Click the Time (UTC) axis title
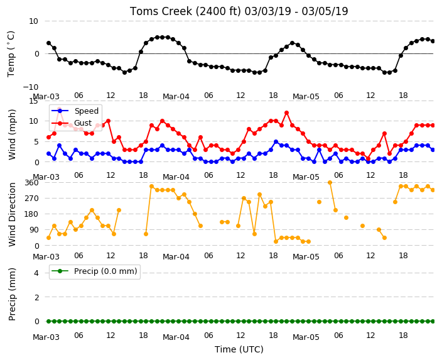[239, 349]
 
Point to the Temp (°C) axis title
[11, 54]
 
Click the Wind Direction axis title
[12, 214]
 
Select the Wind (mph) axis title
[12, 134]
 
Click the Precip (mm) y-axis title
[12, 294]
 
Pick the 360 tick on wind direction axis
[31, 183]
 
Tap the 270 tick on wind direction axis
[31, 199]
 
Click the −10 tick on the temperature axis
[30, 87]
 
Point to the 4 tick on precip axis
[36, 273]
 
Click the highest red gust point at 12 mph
[287, 113]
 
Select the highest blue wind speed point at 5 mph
[276, 141]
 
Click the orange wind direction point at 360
[330, 183]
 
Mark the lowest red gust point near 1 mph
[368, 158]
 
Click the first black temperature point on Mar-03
[49, 43]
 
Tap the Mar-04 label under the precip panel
[176, 337]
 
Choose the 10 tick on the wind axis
[33, 121]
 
